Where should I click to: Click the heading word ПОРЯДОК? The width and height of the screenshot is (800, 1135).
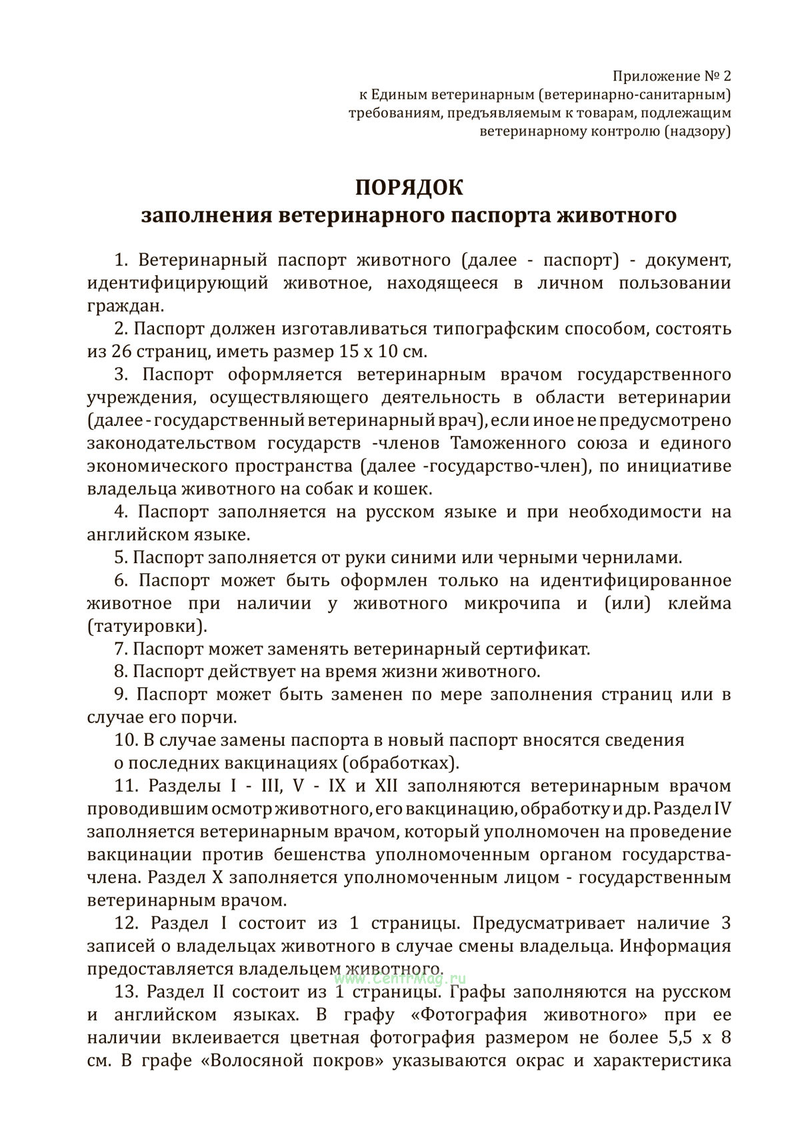click(408, 187)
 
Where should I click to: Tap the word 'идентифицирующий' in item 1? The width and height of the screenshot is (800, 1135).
click(178, 283)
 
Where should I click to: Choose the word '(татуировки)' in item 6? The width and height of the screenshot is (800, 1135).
click(147, 626)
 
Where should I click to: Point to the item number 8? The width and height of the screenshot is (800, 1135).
click(120, 671)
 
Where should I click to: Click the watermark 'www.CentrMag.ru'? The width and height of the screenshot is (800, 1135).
click(400, 979)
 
